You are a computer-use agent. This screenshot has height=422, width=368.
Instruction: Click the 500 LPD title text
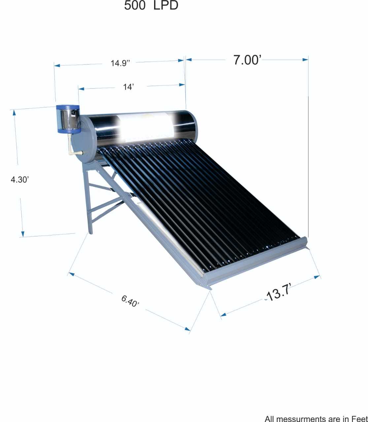pyautogui.click(x=151, y=6)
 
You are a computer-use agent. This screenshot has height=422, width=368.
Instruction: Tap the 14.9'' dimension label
pyautogui.click(x=120, y=63)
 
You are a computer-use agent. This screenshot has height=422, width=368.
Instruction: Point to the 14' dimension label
pyautogui.click(x=128, y=87)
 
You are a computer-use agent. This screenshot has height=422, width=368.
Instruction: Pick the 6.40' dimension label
pyautogui.click(x=130, y=301)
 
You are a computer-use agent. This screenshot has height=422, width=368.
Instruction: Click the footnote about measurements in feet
pyautogui.click(x=316, y=418)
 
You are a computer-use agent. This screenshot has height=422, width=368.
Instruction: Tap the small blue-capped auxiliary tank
pyautogui.click(x=68, y=119)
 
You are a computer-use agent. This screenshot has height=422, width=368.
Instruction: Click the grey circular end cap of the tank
pyautogui.click(x=87, y=139)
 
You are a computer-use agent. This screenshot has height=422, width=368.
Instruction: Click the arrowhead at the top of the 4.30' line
pyautogui.click(x=14, y=112)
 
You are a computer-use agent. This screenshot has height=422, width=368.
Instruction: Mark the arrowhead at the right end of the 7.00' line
pyautogui.click(x=306, y=59)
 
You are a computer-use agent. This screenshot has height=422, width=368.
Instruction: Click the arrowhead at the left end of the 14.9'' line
pyautogui.click(x=57, y=66)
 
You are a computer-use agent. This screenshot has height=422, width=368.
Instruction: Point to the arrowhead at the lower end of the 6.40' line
pyautogui.click(x=187, y=328)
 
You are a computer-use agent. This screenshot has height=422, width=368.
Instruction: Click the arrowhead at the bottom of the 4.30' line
pyautogui.click(x=22, y=234)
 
